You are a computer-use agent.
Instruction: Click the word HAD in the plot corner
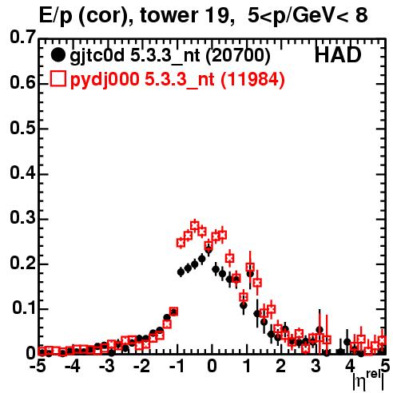click(x=338, y=55)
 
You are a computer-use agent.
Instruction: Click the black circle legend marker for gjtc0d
click(x=58, y=55)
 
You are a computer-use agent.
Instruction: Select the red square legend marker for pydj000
click(x=58, y=79)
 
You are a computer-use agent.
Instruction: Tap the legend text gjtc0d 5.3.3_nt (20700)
click(x=170, y=56)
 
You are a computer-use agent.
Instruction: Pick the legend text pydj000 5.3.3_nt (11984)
click(x=177, y=80)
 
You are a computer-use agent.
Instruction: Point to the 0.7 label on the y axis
click(x=23, y=37)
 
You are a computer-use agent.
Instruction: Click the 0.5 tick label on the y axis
click(x=23, y=128)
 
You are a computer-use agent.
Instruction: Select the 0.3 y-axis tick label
click(x=23, y=217)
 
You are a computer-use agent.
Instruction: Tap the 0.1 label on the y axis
click(x=24, y=308)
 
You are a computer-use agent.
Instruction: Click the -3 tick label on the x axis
click(x=108, y=367)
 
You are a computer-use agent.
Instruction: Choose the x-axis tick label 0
click(x=212, y=367)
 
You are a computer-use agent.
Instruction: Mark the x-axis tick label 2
click(x=281, y=367)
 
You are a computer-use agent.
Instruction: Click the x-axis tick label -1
click(x=177, y=367)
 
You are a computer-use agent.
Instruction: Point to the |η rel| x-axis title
click(x=368, y=380)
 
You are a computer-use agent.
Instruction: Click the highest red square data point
click(x=195, y=226)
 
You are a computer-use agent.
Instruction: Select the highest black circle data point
click(x=208, y=249)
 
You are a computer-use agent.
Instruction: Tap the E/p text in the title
click(x=56, y=16)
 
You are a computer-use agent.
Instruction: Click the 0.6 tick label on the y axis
click(x=23, y=82)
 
